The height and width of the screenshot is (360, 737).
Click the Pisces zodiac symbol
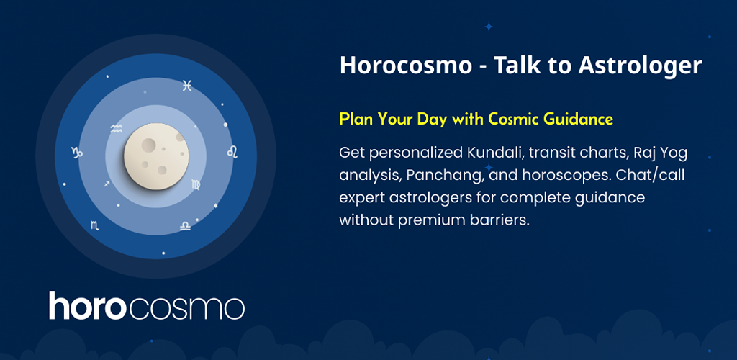tap(187, 86)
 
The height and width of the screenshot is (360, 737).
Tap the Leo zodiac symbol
tap(232, 152)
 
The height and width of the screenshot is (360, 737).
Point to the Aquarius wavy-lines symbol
tap(116, 129)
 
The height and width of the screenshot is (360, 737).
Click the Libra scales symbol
tap(185, 226)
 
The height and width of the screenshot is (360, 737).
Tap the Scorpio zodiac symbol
tap(95, 225)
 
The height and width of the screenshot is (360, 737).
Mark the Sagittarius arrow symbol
tap(107, 184)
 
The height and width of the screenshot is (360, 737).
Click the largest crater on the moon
tap(149, 145)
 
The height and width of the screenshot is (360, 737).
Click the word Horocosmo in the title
tap(406, 66)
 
